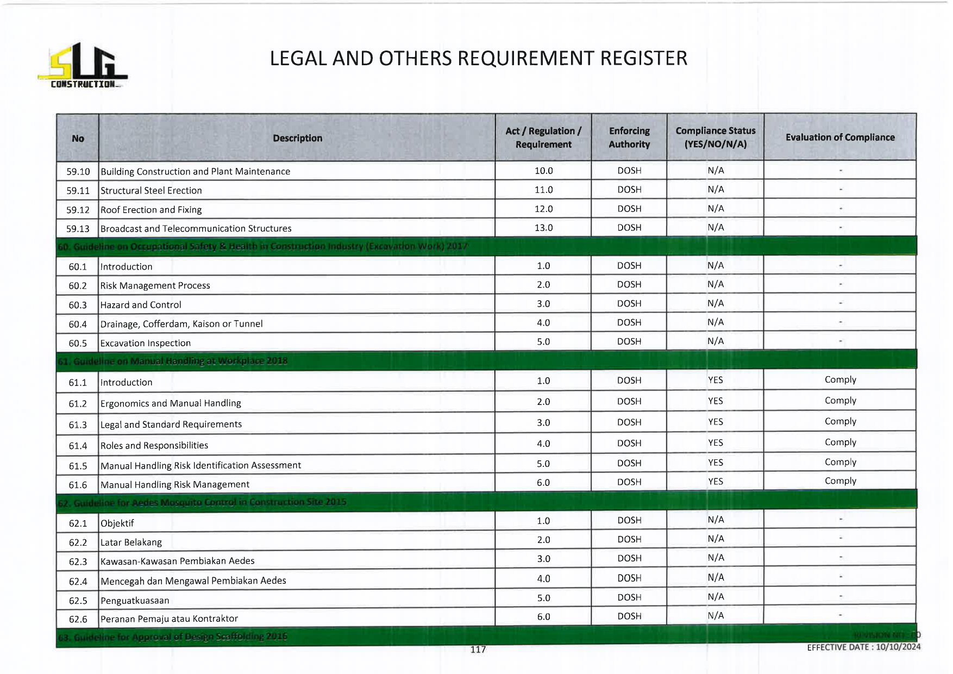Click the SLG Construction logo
coord(83,66)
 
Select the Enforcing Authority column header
coord(629,138)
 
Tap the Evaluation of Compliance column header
coord(840,138)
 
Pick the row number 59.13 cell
coord(78,229)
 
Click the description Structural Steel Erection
coord(151,191)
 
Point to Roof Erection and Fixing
coord(151,210)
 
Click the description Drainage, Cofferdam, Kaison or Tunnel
coord(181,324)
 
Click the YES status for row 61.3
coord(716,422)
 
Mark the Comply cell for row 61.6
coord(840,481)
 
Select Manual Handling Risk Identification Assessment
coord(200,465)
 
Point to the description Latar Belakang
coord(131,542)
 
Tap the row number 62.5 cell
coord(78,601)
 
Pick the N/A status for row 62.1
coord(716,520)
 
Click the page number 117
coord(478,650)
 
